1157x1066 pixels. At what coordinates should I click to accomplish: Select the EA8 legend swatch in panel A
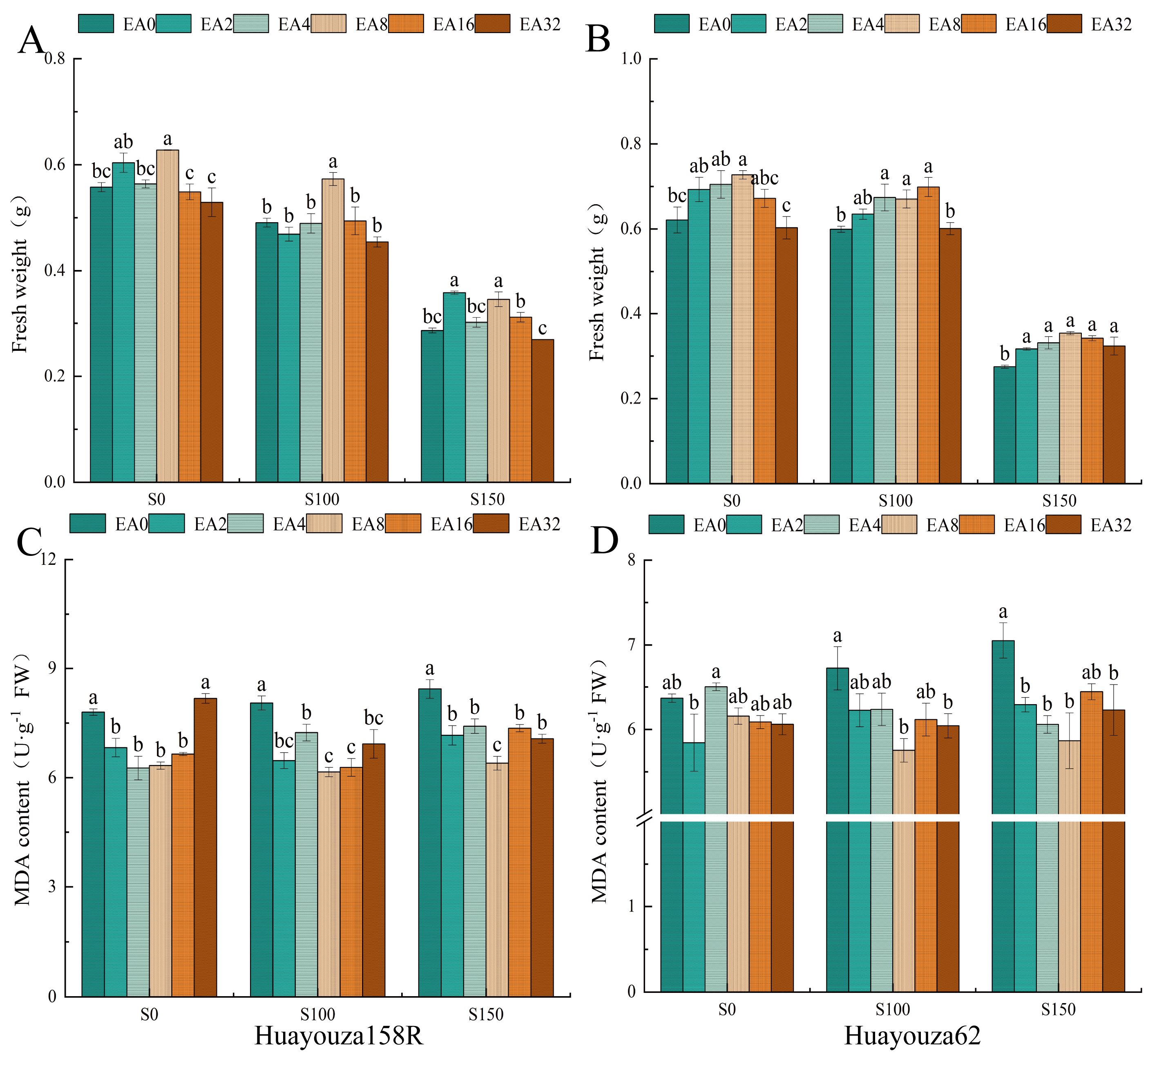pyautogui.click(x=328, y=24)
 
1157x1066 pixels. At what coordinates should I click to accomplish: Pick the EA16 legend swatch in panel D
pyautogui.click(x=977, y=525)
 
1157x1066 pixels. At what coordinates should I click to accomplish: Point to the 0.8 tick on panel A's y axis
pyautogui.click(x=55, y=58)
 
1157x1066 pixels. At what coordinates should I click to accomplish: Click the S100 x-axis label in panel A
pyautogui.click(x=322, y=500)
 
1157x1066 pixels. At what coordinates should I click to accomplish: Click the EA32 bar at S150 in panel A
pyautogui.click(x=543, y=411)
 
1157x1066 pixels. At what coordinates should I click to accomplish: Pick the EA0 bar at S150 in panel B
pyautogui.click(x=1004, y=425)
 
